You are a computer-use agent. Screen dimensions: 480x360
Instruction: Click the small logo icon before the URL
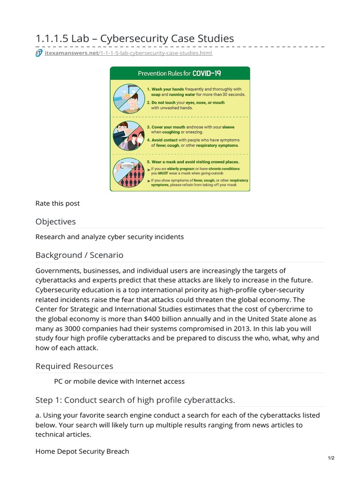[39, 53]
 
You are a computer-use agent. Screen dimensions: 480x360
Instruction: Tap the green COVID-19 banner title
[180, 74]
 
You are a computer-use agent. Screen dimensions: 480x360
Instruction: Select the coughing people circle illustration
[128, 136]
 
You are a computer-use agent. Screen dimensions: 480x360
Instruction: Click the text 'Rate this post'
[58, 203]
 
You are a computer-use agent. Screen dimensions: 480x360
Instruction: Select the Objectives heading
[55, 221]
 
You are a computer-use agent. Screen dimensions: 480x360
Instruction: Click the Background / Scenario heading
[79, 255]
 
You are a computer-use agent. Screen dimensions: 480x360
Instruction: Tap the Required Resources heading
[74, 366]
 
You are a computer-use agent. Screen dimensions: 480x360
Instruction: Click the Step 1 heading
[135, 400]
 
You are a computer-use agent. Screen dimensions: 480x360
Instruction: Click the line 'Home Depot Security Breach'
[82, 451]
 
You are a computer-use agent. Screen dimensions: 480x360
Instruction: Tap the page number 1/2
[331, 458]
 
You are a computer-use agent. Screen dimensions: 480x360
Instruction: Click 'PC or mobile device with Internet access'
[120, 381]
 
